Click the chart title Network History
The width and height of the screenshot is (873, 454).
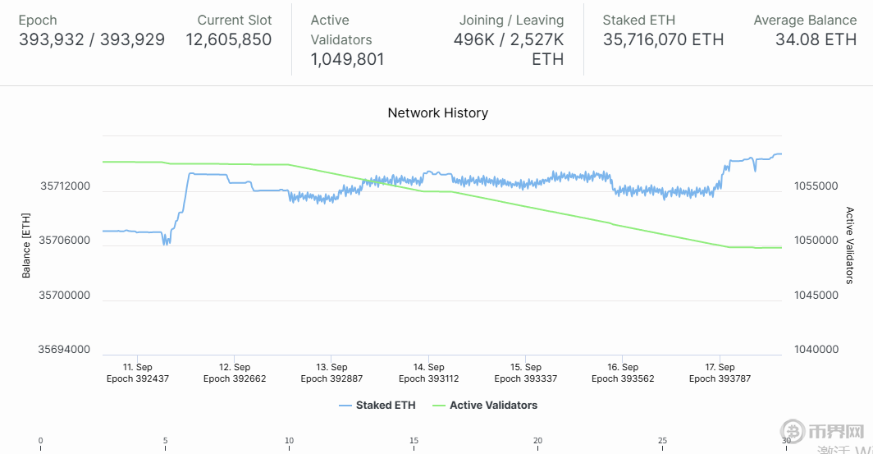pyautogui.click(x=437, y=112)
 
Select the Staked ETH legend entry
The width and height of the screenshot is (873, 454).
pyautogui.click(x=385, y=405)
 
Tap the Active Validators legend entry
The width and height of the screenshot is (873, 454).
pyautogui.click(x=493, y=405)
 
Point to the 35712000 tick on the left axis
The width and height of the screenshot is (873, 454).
pyautogui.click(x=65, y=186)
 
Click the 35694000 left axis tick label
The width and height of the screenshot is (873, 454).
pyautogui.click(x=65, y=350)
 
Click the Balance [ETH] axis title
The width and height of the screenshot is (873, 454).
pyautogui.click(x=26, y=245)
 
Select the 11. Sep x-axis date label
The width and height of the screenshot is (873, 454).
pyautogui.click(x=137, y=367)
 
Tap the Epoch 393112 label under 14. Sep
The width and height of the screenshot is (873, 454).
pyautogui.click(x=428, y=378)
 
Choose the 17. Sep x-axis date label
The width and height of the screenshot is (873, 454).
pyautogui.click(x=720, y=367)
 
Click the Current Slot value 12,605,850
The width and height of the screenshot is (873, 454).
pyautogui.click(x=228, y=39)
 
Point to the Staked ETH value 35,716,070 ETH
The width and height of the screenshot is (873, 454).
pyautogui.click(x=663, y=39)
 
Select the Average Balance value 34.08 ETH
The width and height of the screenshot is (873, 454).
pyautogui.click(x=816, y=39)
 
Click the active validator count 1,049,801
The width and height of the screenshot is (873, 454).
pyautogui.click(x=347, y=59)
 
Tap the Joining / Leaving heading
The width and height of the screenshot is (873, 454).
pyautogui.click(x=511, y=20)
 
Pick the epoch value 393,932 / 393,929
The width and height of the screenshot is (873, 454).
pyautogui.click(x=91, y=39)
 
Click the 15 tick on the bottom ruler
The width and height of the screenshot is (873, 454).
pyautogui.click(x=414, y=441)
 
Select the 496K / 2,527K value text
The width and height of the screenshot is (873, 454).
pyautogui.click(x=509, y=39)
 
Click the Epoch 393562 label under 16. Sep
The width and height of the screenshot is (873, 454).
pyautogui.click(x=623, y=378)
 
